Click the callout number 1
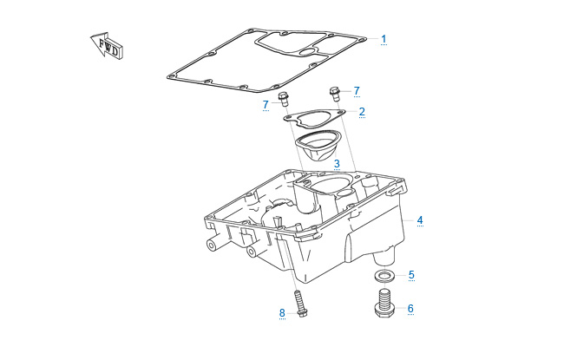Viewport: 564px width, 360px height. click(x=384, y=39)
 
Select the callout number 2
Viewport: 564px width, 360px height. click(x=362, y=111)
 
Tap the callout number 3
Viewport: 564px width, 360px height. click(x=337, y=162)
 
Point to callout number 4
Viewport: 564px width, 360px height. click(x=420, y=220)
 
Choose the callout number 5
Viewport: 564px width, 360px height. click(x=411, y=275)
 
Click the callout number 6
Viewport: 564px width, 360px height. click(x=410, y=308)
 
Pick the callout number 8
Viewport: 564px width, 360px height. click(x=282, y=312)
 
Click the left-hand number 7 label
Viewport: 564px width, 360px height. click(x=266, y=105)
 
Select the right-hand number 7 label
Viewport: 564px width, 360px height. click(x=356, y=90)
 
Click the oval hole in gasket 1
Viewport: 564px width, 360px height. click(x=308, y=54)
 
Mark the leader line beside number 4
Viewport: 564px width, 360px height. click(x=407, y=221)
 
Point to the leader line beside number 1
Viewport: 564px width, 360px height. click(x=371, y=39)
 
